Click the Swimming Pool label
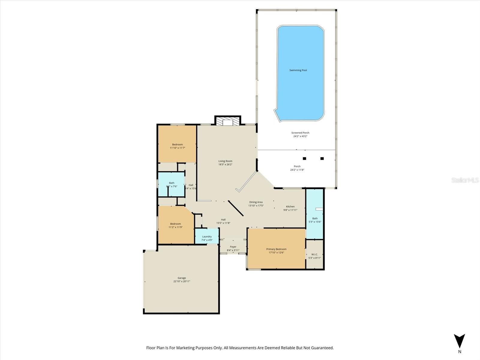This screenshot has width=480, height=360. (298, 70)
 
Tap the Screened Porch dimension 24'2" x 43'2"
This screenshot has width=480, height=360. (300, 136)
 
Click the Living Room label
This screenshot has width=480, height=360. (225, 161)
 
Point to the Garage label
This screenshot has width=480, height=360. (181, 278)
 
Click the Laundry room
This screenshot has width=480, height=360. (207, 236)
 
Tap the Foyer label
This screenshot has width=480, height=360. (233, 247)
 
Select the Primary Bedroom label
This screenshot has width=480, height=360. (276, 249)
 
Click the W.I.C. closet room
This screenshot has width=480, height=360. (314, 254)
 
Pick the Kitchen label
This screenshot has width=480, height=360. (290, 206)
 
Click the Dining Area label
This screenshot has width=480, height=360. (256, 202)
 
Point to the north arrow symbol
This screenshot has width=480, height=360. (459, 341)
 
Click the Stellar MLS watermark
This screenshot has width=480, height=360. (465, 180)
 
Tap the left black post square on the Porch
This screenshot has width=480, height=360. (304, 158)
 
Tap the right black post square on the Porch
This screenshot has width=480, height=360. (322, 158)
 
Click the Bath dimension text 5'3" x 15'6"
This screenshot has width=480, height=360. (315, 222)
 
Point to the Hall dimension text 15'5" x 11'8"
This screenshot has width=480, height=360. (223, 223)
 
